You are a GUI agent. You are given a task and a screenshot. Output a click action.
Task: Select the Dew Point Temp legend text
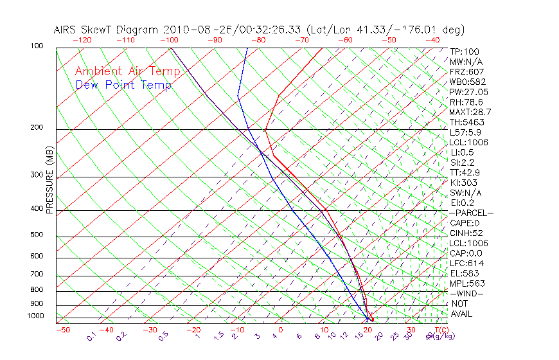(123, 85)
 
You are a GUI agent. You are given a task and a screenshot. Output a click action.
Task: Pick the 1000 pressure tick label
(35, 316)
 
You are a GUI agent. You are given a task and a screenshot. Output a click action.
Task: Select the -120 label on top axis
(82, 40)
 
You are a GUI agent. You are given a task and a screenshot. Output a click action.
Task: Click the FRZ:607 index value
(467, 71)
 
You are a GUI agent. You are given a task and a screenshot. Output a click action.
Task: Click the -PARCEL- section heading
(471, 213)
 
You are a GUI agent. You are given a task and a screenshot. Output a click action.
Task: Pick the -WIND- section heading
(467, 293)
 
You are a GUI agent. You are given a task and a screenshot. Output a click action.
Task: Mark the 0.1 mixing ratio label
(91, 336)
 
